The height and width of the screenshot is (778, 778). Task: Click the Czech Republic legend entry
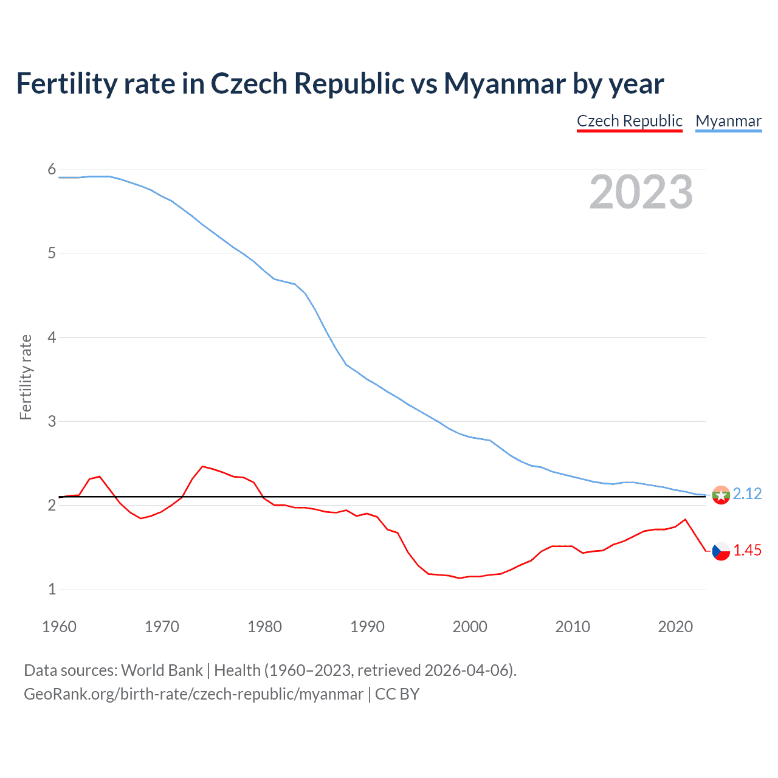pyautogui.click(x=629, y=121)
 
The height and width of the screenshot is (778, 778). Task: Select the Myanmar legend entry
pyautogui.click(x=728, y=121)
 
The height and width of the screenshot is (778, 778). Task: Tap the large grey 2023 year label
pyautogui.click(x=641, y=192)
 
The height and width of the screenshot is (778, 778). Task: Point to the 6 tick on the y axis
pyautogui.click(x=52, y=170)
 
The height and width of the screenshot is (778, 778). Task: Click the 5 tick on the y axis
pyautogui.click(x=52, y=253)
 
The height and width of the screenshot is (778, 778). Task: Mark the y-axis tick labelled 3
pyautogui.click(x=52, y=421)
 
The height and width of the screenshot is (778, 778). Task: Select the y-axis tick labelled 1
pyautogui.click(x=52, y=589)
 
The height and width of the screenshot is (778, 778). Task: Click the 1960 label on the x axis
pyautogui.click(x=59, y=627)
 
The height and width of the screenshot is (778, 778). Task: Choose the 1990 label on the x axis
pyautogui.click(x=367, y=627)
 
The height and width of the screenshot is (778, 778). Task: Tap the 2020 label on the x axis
pyautogui.click(x=675, y=627)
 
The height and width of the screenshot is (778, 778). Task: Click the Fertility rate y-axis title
pyautogui.click(x=26, y=377)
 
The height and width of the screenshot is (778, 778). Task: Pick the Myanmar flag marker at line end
pyautogui.click(x=721, y=495)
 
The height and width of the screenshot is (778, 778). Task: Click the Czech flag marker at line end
pyautogui.click(x=721, y=551)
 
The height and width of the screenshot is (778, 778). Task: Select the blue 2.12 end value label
pyautogui.click(x=747, y=494)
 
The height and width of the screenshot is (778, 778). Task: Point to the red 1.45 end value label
pyautogui.click(x=747, y=550)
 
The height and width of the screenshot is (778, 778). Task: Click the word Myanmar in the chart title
pyautogui.click(x=505, y=83)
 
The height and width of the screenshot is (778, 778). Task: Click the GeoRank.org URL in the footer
pyautogui.click(x=193, y=694)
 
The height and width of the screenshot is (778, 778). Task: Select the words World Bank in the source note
pyautogui.click(x=162, y=670)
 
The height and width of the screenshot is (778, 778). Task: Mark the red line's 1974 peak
pyautogui.click(x=202, y=466)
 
